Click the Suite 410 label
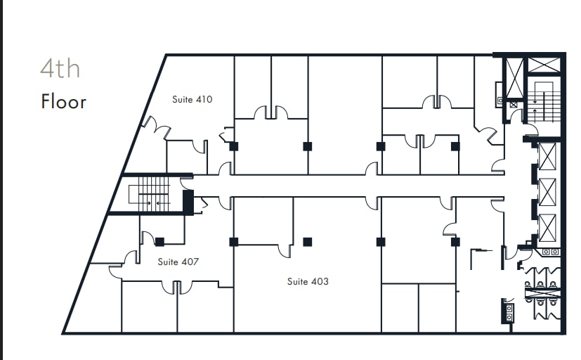click(x=192, y=100)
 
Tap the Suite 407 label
click(x=178, y=262)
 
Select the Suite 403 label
click(x=307, y=282)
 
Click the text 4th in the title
click(x=60, y=70)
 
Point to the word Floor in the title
click(x=63, y=102)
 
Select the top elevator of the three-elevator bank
click(x=547, y=157)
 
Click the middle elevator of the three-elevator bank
click(x=547, y=191)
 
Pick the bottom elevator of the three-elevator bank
click(x=547, y=226)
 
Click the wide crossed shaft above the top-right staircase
click(x=544, y=65)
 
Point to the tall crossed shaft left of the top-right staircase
click(x=514, y=77)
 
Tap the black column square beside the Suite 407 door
click(x=159, y=242)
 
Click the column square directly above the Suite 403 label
click(x=307, y=242)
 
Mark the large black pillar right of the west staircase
click(x=188, y=202)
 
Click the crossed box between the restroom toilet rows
click(x=542, y=289)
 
